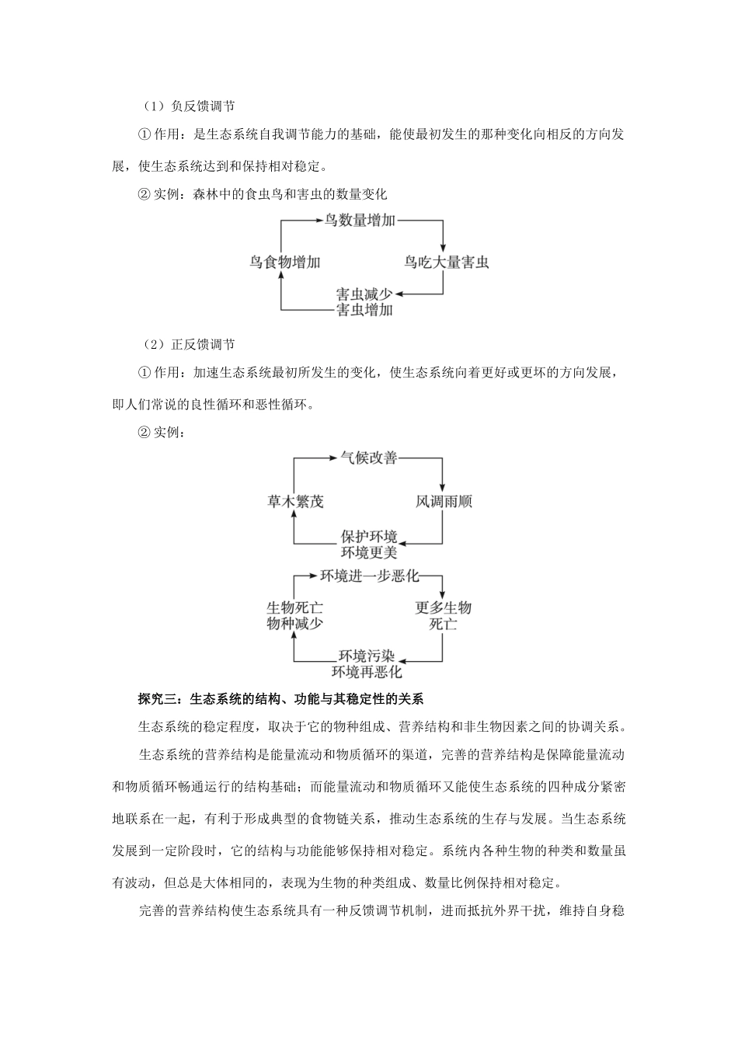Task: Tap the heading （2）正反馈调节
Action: pyautogui.click(x=189, y=345)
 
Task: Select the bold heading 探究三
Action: pyautogui.click(x=280, y=698)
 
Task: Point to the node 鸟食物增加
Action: pyautogui.click(x=284, y=263)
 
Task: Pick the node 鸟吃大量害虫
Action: pyautogui.click(x=446, y=263)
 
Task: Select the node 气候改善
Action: pyautogui.click(x=369, y=458)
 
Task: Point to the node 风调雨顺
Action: pyautogui.click(x=443, y=501)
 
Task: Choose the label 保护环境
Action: pyautogui.click(x=369, y=537)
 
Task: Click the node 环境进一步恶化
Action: pyautogui.click(x=369, y=576)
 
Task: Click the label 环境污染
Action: pyautogui.click(x=367, y=656)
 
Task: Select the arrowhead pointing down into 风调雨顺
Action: pyautogui.click(x=443, y=485)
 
